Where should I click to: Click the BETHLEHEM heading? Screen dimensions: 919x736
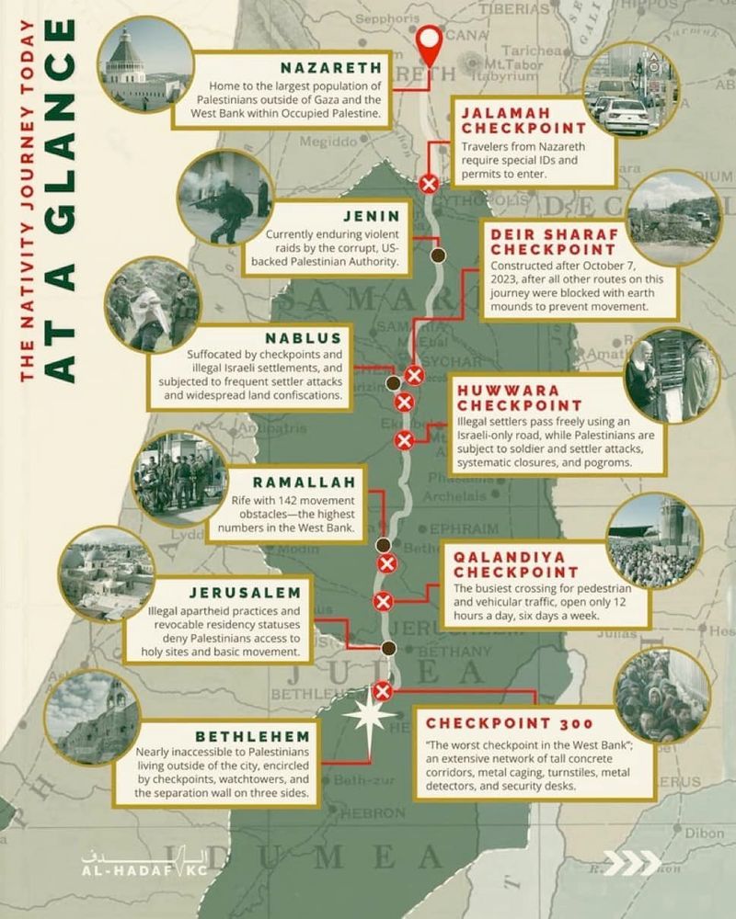(x=259, y=737)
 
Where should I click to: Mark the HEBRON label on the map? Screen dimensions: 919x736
(x=372, y=812)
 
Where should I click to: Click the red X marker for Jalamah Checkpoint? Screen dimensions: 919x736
(x=428, y=183)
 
